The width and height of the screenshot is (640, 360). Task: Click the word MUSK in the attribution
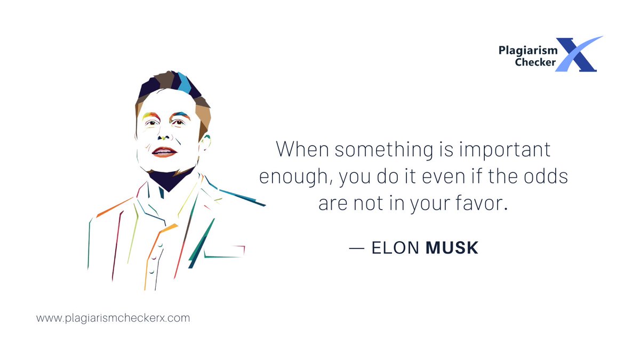pos(452,248)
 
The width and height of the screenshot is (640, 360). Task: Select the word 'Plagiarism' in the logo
pos(528,51)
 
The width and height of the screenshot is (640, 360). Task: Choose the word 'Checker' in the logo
pos(535,63)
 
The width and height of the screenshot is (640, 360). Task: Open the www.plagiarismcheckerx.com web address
pos(113,318)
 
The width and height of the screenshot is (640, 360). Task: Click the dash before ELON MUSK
pos(356,249)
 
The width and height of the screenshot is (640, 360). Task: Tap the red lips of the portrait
pos(164,151)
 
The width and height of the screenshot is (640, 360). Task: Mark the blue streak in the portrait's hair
pos(183,83)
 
